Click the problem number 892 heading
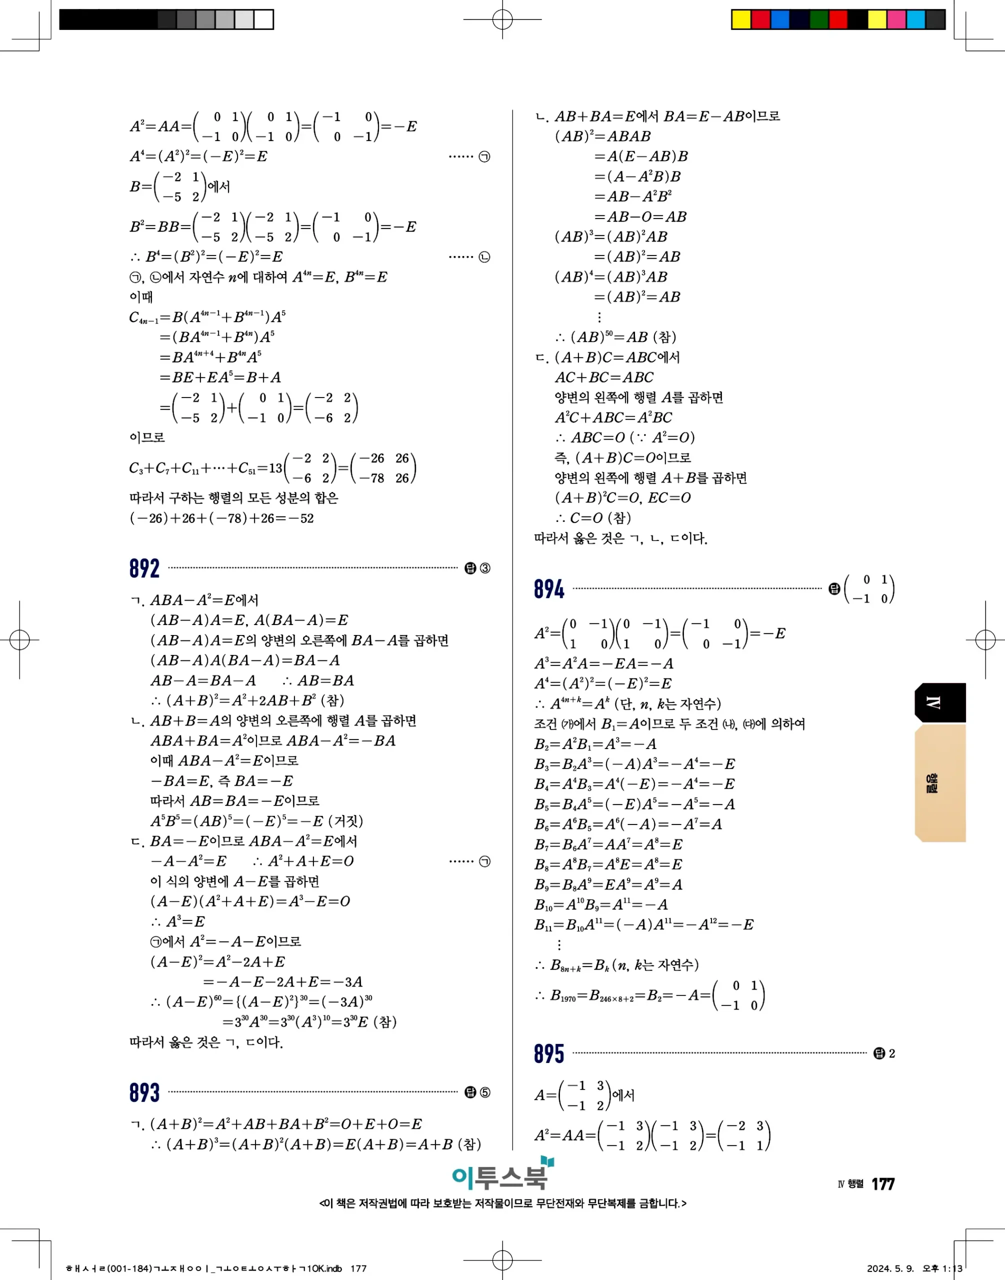pos(144,568)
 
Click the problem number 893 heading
pos(144,1092)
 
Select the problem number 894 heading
pos(548,589)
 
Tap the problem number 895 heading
pos(548,1053)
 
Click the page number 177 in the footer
pos(882,1184)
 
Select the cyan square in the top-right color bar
pos(915,19)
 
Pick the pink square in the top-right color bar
pos(896,19)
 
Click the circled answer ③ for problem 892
pos(485,568)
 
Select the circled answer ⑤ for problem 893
pos(485,1092)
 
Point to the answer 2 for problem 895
pos(891,1053)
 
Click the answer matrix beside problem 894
pos(869,589)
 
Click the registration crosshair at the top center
pos(502,19)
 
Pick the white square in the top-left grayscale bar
pos(263,19)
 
